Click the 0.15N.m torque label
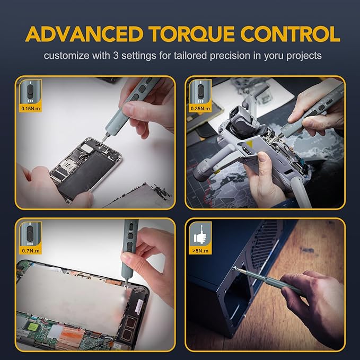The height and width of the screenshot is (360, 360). pyautogui.click(x=28, y=109)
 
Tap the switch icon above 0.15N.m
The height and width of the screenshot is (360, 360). pyautogui.click(x=28, y=91)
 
